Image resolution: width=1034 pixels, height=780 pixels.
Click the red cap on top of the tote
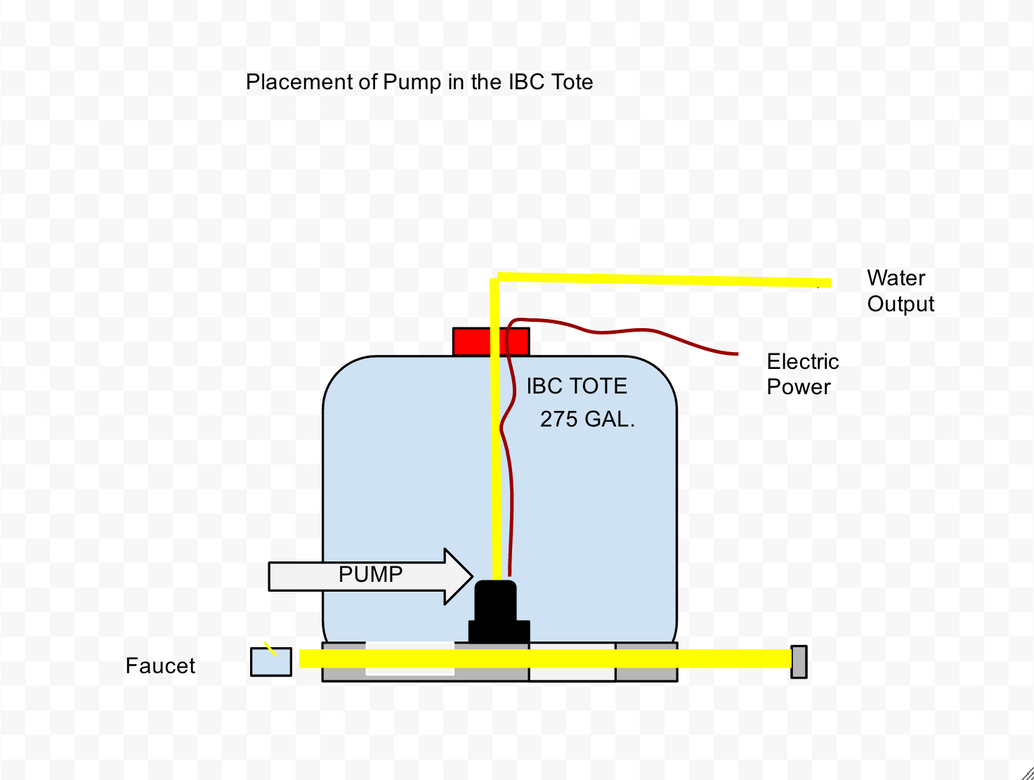coord(491,342)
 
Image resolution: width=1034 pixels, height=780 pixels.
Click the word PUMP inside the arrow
coord(371,575)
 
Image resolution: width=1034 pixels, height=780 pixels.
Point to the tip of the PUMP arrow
coord(473,576)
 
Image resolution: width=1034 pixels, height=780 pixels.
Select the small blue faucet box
coord(271,662)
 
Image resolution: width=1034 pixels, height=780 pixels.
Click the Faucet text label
coord(160,665)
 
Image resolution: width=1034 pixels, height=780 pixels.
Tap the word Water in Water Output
coord(896,278)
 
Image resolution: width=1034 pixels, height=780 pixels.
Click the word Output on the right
coord(901,304)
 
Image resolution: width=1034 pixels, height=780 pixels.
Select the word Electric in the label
coord(803,362)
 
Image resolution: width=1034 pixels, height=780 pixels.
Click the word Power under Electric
coord(799,387)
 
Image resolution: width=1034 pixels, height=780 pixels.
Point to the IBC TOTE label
coord(577,386)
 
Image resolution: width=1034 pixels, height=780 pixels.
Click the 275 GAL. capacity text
coord(587,420)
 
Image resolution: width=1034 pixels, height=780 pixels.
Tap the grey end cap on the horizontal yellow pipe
coord(799,662)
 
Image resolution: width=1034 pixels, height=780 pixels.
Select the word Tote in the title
coord(572,82)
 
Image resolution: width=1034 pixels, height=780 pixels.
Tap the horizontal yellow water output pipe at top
coord(665,280)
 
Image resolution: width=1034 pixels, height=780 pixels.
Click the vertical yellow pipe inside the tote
coord(495,429)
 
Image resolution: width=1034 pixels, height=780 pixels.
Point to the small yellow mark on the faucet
coord(270,649)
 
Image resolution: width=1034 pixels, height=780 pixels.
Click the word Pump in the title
coord(412,82)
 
